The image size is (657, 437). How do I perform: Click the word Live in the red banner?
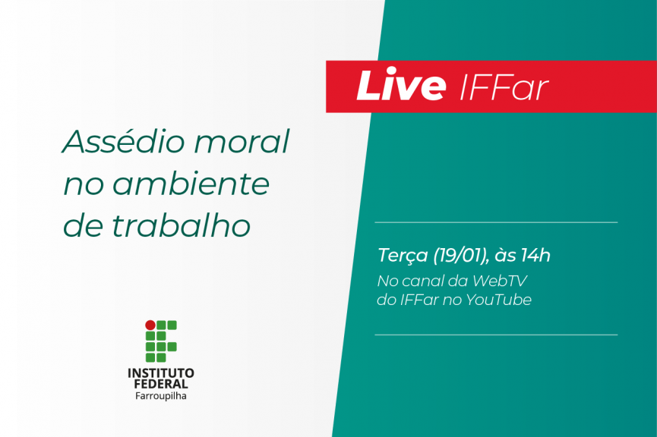point(400,87)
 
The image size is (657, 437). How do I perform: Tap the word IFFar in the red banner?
point(504,88)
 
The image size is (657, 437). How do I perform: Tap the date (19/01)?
point(460,256)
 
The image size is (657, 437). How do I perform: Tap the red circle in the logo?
point(150,325)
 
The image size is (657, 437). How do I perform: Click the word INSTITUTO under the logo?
point(161,373)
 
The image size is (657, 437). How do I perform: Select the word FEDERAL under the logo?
point(161,385)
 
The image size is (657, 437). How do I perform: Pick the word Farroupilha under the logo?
point(161,396)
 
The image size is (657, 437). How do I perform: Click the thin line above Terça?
point(496,222)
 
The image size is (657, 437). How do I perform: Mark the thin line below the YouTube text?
point(496,335)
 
